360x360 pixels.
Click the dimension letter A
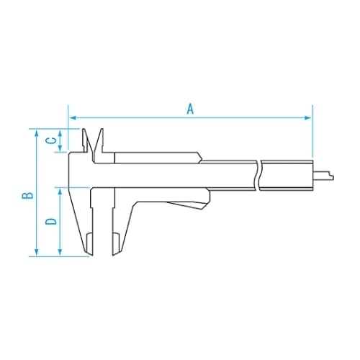(190, 109)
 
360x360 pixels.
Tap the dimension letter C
(50, 140)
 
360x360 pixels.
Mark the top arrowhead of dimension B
(35, 132)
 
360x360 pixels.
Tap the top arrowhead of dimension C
(60, 132)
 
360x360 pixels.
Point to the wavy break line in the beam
(258, 174)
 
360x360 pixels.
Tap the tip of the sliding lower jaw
(114, 251)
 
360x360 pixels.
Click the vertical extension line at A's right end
(312, 137)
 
